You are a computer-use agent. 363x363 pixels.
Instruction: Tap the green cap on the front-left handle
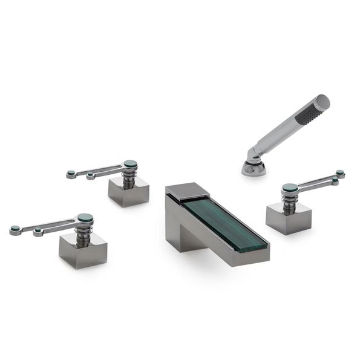(85, 217)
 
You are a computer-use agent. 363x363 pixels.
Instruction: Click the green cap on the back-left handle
(130, 163)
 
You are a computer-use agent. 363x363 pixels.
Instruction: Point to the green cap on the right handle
(290, 188)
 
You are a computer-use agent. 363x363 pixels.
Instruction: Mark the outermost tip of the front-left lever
(14, 231)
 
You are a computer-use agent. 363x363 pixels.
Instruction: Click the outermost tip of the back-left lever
(71, 174)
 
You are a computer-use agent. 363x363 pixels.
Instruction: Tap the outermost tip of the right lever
(340, 173)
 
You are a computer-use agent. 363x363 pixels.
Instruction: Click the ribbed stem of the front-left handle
(83, 229)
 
